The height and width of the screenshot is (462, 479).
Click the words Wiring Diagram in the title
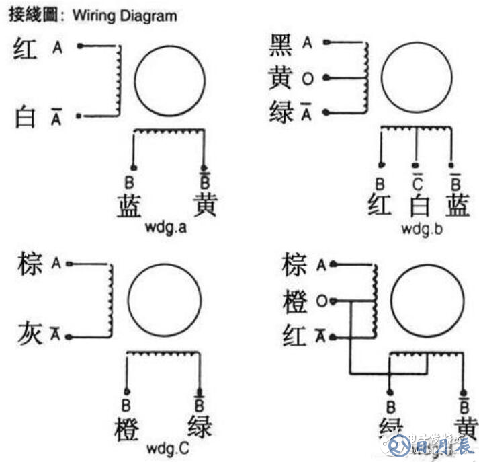[x=124, y=15]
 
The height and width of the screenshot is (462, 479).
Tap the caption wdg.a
[x=165, y=227]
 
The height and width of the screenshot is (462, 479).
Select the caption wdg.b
[x=422, y=228]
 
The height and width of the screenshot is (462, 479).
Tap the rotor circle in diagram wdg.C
[x=165, y=300]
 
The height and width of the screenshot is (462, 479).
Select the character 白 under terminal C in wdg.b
[x=419, y=204]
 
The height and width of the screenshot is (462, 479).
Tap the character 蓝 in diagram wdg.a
[x=128, y=205]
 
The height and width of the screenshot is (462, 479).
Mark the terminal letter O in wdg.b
[x=307, y=79]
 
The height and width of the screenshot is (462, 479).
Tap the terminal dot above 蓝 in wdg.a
[x=134, y=167]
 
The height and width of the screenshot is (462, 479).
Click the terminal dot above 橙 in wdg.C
[x=126, y=389]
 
